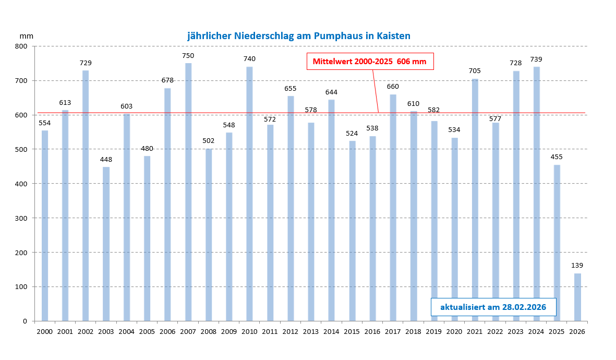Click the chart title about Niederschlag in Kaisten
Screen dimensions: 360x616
[x=299, y=36]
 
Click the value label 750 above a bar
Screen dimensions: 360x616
[x=188, y=55]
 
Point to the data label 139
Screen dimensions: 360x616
[x=577, y=266]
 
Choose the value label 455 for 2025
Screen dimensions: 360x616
[x=557, y=157]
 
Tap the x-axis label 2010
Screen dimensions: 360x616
[x=249, y=331]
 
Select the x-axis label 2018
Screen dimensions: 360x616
[x=413, y=331]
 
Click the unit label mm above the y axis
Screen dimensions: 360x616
[x=26, y=36]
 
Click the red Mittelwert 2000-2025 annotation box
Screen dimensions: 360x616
[x=369, y=62]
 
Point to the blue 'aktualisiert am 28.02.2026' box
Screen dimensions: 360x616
[x=493, y=307]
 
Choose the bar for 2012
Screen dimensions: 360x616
[x=291, y=208]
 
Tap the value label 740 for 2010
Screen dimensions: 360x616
[x=249, y=59]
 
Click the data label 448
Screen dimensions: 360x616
[x=106, y=159]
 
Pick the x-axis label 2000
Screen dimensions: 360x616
[x=45, y=331]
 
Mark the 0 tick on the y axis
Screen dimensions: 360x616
[x=25, y=321]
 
